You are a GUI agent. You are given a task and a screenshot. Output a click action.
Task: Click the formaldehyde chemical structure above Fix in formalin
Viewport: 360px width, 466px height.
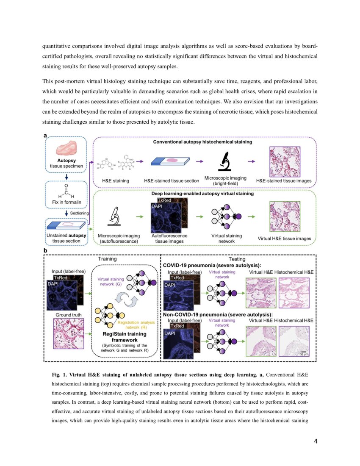pos(66,191)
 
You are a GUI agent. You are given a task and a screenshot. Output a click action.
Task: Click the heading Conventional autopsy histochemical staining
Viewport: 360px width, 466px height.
pos(202,142)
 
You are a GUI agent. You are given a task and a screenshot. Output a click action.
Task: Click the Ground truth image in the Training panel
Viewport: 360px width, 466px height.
pos(69,333)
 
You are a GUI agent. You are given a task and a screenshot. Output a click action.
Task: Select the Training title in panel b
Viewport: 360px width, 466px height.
pos(108,258)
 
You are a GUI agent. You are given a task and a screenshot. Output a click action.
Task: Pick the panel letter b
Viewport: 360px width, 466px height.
pos(45,251)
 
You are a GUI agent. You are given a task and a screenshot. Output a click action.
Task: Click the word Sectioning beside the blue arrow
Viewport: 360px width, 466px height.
pos(79,213)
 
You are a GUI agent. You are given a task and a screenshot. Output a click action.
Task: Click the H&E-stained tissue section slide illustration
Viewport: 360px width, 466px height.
pos(172,161)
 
